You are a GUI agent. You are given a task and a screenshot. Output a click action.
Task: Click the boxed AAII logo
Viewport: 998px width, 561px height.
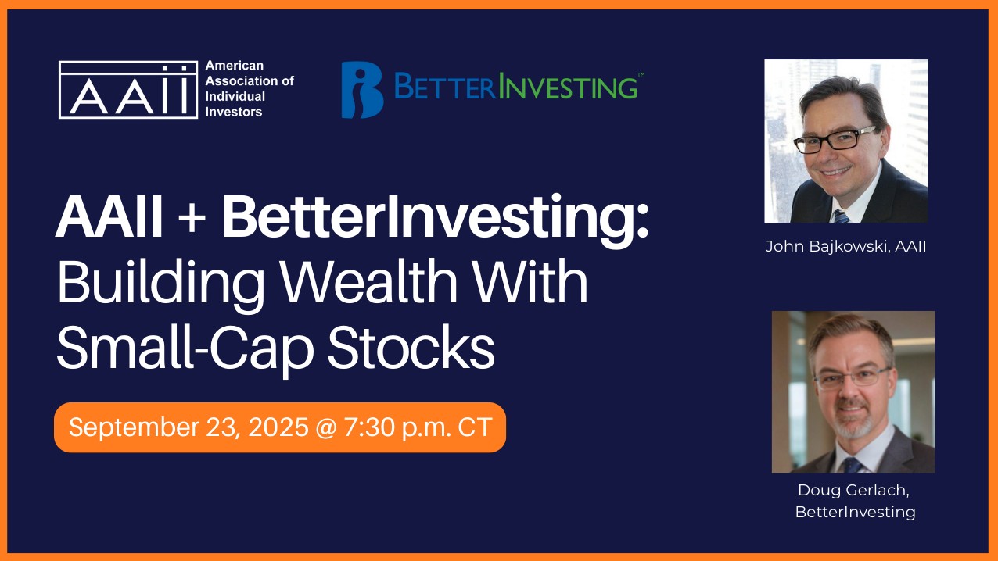[128, 90]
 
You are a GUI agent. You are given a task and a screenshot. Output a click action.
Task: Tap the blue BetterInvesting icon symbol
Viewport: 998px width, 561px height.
[362, 90]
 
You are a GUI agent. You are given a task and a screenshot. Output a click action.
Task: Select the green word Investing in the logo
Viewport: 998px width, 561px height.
[568, 86]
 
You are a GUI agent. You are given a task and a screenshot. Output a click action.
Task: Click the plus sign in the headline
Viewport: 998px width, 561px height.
[192, 218]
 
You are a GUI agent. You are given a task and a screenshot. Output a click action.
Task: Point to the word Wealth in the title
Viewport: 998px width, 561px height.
[369, 281]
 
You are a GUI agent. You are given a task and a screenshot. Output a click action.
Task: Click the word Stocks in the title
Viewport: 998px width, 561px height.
[411, 348]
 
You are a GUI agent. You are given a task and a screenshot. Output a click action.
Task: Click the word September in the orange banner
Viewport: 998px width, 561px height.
[134, 427]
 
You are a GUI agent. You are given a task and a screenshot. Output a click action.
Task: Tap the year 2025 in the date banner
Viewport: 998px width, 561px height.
[278, 427]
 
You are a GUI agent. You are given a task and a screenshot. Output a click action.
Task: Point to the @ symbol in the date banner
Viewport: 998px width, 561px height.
[326, 427]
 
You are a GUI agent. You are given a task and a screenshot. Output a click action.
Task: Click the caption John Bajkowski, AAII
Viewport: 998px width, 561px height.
[845, 247]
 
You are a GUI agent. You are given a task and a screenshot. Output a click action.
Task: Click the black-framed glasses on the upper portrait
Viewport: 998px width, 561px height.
[834, 140]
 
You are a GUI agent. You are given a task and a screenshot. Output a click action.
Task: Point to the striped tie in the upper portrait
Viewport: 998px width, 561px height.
[841, 216]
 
